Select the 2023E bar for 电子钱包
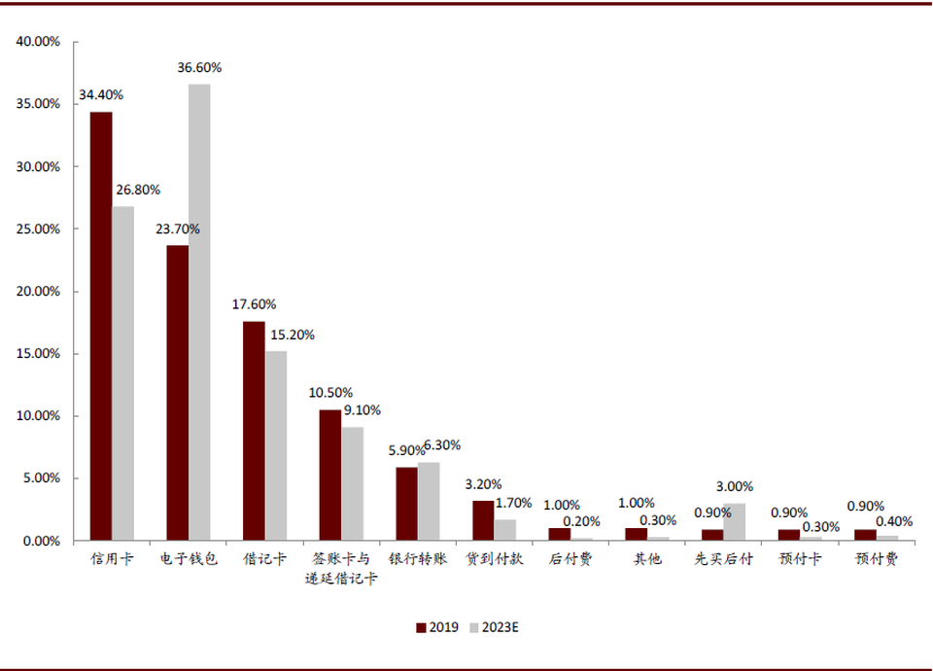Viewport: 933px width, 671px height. [x=199, y=312]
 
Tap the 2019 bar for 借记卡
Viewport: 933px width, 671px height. [x=254, y=431]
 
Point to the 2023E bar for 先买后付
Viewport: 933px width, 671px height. [x=734, y=522]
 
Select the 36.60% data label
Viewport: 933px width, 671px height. [x=199, y=68]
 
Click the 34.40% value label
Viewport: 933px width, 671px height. [x=101, y=95]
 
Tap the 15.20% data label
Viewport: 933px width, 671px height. [x=292, y=335]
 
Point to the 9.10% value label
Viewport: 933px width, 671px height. [x=362, y=410]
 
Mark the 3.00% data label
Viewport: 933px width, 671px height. [x=734, y=487]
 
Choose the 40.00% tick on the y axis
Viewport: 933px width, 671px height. [x=38, y=42]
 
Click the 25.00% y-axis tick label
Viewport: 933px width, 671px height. [x=38, y=230]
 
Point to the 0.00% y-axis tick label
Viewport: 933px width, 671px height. [x=42, y=541]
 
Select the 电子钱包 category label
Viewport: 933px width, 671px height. [x=189, y=561]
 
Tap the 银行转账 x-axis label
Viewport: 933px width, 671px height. [x=418, y=561]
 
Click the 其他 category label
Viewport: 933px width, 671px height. [x=646, y=561]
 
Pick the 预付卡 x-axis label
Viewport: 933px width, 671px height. [x=799, y=561]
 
